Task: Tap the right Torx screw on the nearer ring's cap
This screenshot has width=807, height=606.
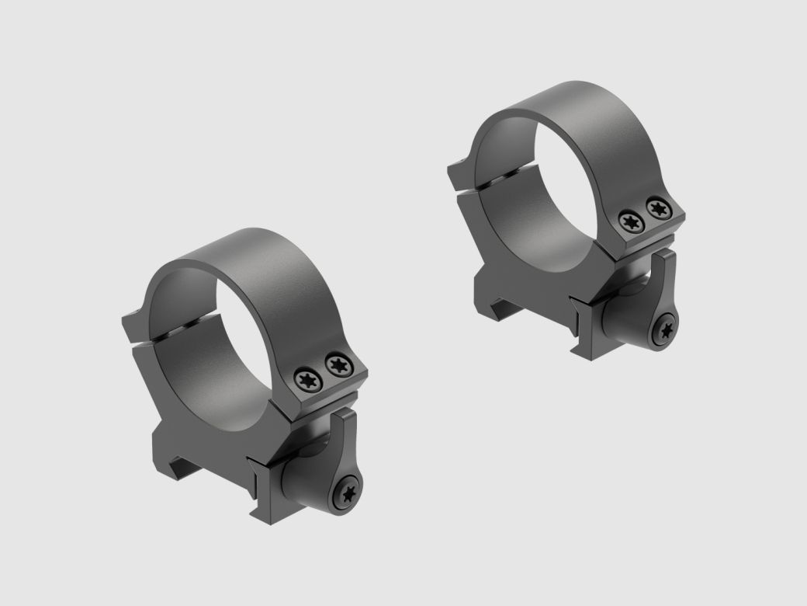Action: tap(337, 363)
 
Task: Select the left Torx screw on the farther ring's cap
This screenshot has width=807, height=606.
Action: tap(629, 221)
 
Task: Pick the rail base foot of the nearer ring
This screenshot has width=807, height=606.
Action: tap(186, 466)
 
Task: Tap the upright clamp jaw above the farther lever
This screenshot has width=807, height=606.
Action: tap(667, 276)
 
